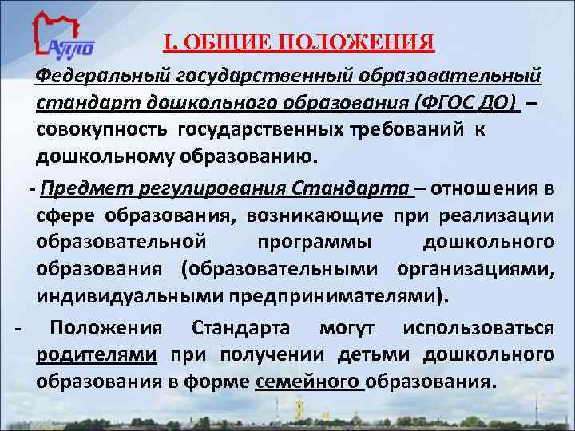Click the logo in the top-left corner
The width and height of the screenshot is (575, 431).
(x=64, y=37)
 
